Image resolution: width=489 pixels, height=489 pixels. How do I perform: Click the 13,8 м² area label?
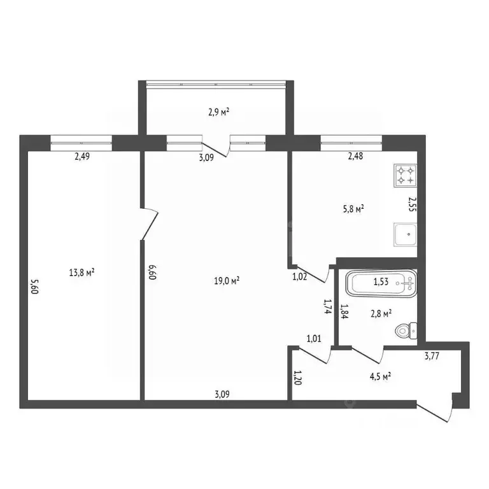(x=81, y=273)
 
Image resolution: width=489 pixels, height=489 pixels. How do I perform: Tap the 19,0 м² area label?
(x=227, y=281)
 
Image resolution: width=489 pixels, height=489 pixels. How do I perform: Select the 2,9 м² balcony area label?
(x=219, y=111)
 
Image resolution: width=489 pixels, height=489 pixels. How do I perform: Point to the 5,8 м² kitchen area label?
(x=353, y=208)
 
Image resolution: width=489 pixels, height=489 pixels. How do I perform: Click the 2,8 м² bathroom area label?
(x=381, y=313)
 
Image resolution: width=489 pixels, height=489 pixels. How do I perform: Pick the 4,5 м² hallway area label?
(x=381, y=376)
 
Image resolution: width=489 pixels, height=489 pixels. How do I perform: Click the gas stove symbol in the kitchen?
(x=405, y=176)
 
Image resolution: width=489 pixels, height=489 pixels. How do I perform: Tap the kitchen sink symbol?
(x=405, y=234)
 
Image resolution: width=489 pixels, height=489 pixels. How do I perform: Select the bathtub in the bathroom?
(x=381, y=283)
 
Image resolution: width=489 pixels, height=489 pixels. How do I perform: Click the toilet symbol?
(x=406, y=330)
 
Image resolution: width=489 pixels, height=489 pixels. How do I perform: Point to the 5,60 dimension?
(x=34, y=286)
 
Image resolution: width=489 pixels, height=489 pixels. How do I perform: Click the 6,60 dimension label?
(x=152, y=272)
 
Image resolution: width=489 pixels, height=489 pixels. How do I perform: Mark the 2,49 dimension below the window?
(x=82, y=156)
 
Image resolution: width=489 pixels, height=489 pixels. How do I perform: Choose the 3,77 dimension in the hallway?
(x=432, y=355)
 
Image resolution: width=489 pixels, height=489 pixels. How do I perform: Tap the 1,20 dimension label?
(x=298, y=378)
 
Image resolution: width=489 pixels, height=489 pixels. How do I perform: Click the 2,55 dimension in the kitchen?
(x=413, y=204)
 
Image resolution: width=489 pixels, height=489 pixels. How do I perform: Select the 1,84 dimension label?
(x=344, y=311)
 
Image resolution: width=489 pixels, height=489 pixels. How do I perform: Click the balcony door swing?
(x=216, y=150)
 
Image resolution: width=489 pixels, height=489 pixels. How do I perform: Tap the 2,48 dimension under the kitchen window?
(x=355, y=155)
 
